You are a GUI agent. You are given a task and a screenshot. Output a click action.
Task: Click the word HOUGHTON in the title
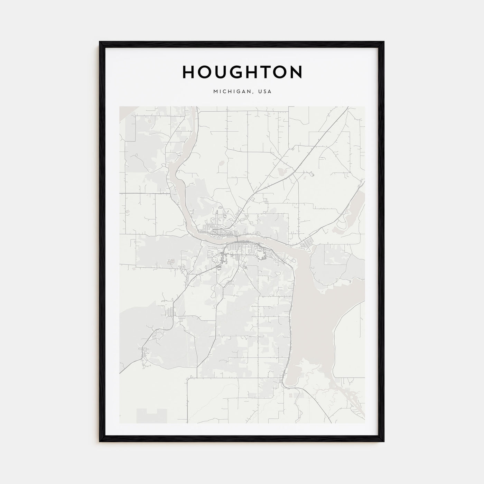[x=242, y=72]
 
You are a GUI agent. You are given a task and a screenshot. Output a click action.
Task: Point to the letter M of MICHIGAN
[x=215, y=92]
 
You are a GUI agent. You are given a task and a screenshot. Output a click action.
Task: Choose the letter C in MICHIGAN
[x=224, y=92]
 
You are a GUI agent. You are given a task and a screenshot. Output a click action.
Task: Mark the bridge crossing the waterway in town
[x=238, y=240]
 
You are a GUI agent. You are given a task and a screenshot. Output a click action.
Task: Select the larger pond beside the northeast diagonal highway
[x=281, y=171]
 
